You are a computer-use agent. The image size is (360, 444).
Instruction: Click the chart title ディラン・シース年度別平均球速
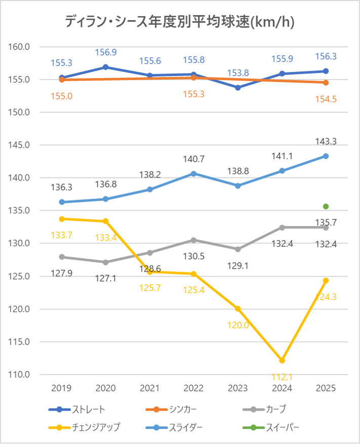coord(180,22)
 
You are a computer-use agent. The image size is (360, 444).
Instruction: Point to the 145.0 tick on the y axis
coord(21,145)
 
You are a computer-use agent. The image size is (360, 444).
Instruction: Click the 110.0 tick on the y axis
coord(21,375)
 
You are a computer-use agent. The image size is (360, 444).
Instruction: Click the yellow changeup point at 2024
coord(282,360)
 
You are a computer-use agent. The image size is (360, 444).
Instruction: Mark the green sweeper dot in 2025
coord(326,206)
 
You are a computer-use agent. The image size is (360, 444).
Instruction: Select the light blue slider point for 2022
coord(194,173)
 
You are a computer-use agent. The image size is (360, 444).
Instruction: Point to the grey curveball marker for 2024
coord(282,228)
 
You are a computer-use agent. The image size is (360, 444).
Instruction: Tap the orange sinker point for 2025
coord(326,83)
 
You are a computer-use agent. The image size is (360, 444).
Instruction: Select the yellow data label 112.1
coord(282,377)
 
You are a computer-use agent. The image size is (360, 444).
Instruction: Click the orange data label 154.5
coord(326,99)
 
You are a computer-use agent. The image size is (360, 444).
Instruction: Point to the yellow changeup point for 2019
coord(62,219)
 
